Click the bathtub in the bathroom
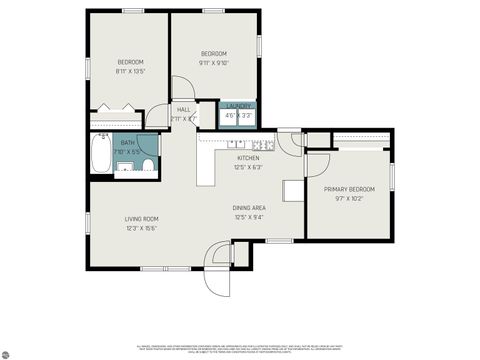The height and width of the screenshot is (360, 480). click(101, 154)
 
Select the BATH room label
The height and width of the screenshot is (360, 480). click(128, 143)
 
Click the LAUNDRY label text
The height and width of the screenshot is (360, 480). click(238, 106)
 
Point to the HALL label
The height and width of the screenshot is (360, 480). click(184, 109)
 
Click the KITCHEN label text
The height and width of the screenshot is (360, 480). click(248, 158)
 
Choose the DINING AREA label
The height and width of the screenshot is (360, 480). click(252, 207)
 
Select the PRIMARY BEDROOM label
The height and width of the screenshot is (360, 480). click(348, 189)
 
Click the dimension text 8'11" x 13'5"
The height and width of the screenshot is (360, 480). click(130, 71)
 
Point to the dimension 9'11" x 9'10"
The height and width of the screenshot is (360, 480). click(214, 62)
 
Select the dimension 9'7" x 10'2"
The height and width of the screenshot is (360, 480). click(348, 198)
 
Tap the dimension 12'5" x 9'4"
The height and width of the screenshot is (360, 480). click(252, 216)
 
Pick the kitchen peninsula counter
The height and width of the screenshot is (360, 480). click(205, 165)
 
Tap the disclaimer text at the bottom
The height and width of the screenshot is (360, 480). click(240, 348)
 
